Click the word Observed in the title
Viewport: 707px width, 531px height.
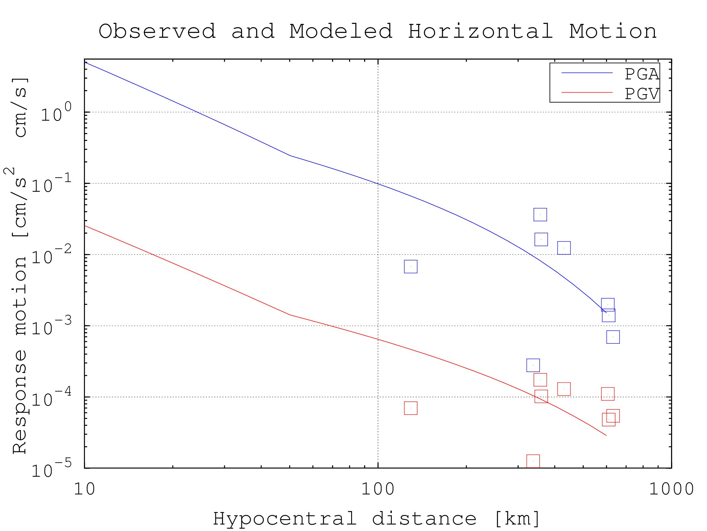157,31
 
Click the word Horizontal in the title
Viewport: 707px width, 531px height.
480,31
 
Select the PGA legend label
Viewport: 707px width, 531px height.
642,74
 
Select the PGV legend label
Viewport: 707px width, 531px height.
642,94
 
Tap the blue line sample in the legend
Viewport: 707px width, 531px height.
587,73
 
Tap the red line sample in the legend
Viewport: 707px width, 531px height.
587,93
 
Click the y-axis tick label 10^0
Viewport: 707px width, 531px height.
56,114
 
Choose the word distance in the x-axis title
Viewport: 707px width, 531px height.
424,518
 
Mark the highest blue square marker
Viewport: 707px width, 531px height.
540,214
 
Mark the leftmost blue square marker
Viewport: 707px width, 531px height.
411,267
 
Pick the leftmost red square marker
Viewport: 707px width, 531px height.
411,408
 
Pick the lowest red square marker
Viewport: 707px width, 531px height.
533,461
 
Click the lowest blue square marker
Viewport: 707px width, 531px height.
533,365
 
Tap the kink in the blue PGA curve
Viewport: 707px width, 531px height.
290,155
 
